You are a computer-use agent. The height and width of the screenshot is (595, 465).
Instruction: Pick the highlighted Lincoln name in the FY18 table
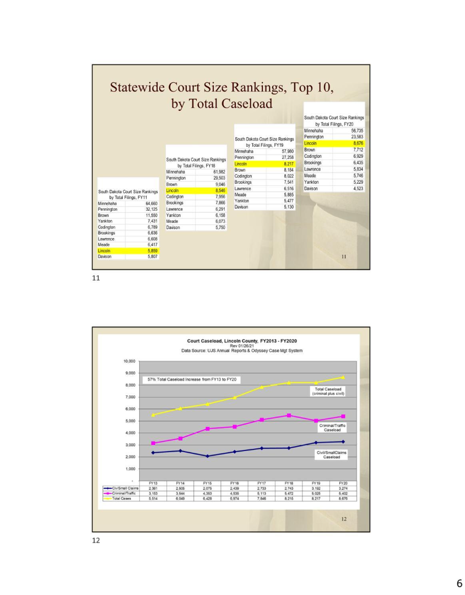(172, 191)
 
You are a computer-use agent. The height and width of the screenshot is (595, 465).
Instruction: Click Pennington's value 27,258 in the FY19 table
(288, 157)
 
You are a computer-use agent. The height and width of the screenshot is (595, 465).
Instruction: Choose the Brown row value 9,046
(219, 185)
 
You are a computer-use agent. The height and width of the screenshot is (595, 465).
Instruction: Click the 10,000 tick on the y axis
(128, 361)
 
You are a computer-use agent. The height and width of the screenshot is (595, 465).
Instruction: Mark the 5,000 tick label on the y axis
(129, 421)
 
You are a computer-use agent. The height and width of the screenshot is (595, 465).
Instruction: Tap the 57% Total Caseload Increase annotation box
(191, 380)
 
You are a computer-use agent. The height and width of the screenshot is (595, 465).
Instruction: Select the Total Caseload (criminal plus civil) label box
(328, 391)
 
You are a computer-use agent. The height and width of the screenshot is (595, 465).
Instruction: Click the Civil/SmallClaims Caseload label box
(331, 454)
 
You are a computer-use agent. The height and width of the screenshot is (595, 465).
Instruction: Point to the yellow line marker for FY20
(343, 378)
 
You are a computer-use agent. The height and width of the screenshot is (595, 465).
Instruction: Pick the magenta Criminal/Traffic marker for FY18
(289, 415)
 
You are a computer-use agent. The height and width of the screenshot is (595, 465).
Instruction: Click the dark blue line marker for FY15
(207, 456)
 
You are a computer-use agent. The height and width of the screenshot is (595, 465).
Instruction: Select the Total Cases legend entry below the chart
(122, 498)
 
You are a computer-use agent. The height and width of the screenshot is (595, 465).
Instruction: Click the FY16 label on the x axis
(234, 483)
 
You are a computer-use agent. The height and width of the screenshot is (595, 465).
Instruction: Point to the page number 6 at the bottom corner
(458, 584)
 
